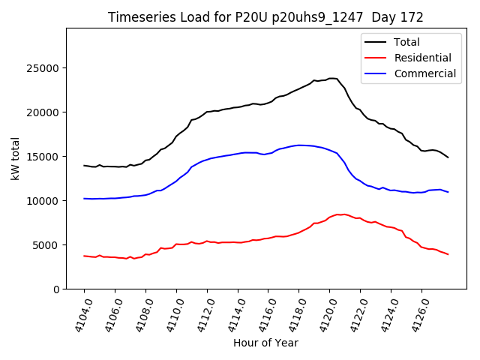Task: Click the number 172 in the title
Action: [x=412, y=17]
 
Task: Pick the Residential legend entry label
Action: [x=423, y=58]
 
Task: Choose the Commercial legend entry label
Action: [x=425, y=73]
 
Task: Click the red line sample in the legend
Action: [x=376, y=58]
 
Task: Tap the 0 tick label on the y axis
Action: [x=57, y=289]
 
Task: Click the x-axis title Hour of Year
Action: [x=266, y=343]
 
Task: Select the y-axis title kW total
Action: [x=15, y=159]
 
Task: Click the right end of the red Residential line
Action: [x=448, y=254]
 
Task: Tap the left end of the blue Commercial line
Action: [x=85, y=199]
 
